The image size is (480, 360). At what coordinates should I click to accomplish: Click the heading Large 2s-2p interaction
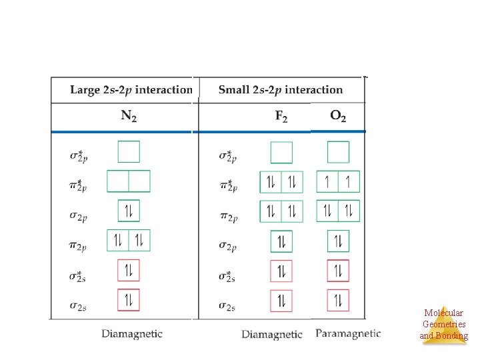point(131,90)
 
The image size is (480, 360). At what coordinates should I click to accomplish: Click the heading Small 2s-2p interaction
point(280,90)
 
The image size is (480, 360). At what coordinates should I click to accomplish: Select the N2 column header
point(129,116)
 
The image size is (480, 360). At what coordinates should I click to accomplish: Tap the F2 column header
point(281,116)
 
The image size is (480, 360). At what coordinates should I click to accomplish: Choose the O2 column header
point(338,116)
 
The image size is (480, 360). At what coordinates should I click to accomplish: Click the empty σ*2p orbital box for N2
point(129,152)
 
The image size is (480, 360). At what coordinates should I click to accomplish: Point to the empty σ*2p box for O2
point(338,152)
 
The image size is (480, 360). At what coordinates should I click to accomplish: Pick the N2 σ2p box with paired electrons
point(129,211)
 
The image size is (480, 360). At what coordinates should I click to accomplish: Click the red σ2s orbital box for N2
point(129,300)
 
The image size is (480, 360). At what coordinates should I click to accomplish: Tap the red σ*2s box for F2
point(281,271)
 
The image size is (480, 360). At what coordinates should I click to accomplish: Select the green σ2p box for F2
point(281,241)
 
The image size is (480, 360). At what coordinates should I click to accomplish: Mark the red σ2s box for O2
point(338,300)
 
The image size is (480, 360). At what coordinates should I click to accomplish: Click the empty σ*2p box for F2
point(281,152)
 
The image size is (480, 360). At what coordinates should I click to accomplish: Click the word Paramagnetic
point(348,333)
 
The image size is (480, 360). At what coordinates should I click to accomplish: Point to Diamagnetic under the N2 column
point(132,333)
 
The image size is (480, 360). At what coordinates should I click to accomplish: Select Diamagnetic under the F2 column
point(272,333)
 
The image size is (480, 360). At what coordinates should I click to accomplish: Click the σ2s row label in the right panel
point(228,306)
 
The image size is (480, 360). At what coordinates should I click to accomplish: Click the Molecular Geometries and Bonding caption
point(443,324)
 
